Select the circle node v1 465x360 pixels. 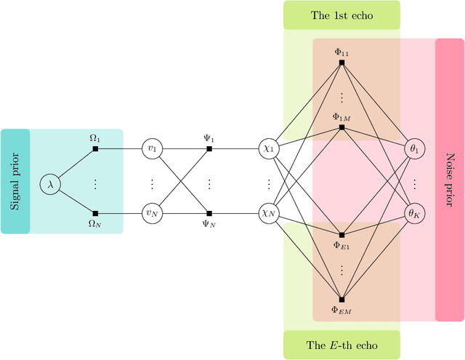(152, 149)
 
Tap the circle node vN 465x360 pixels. (152, 213)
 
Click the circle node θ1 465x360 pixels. (416, 149)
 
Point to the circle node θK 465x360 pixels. (416, 213)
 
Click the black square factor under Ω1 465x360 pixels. (95, 149)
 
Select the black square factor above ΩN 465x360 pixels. (95, 213)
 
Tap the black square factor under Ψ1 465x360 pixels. (209, 149)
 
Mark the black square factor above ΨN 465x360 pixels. (209, 213)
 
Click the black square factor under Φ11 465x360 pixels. (341, 63)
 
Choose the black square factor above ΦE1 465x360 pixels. (341, 235)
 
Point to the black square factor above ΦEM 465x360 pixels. (341, 299)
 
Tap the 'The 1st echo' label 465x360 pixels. (341, 15)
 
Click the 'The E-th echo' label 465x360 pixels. (341, 345)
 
